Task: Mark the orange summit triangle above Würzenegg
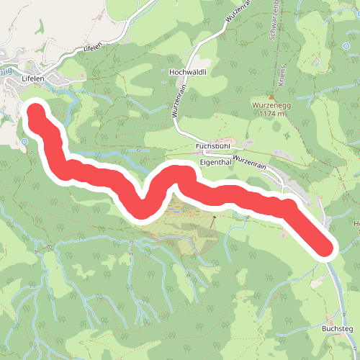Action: [x=271, y=97]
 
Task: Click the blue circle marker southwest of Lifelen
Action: [x=24, y=142]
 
